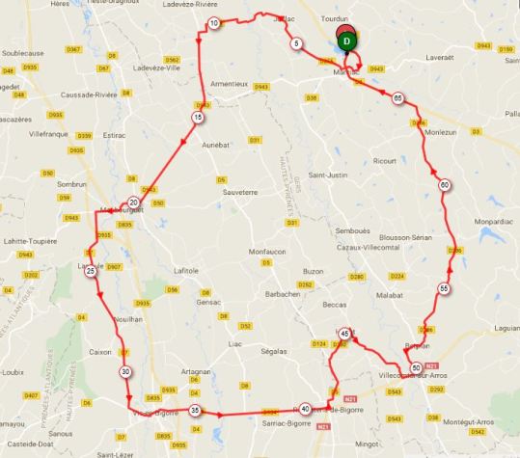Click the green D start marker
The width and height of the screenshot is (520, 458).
pyautogui.click(x=349, y=40)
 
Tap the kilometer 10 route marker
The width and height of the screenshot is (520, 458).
pyautogui.click(x=213, y=23)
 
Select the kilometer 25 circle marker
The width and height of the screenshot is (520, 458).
pyautogui.click(x=91, y=272)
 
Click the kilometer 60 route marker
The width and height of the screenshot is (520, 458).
pyautogui.click(x=444, y=185)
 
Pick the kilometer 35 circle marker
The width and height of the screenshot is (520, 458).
pyautogui.click(x=195, y=411)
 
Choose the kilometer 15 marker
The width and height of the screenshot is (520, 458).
pyautogui.click(x=197, y=118)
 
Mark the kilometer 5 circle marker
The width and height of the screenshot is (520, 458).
pyautogui.click(x=295, y=44)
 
